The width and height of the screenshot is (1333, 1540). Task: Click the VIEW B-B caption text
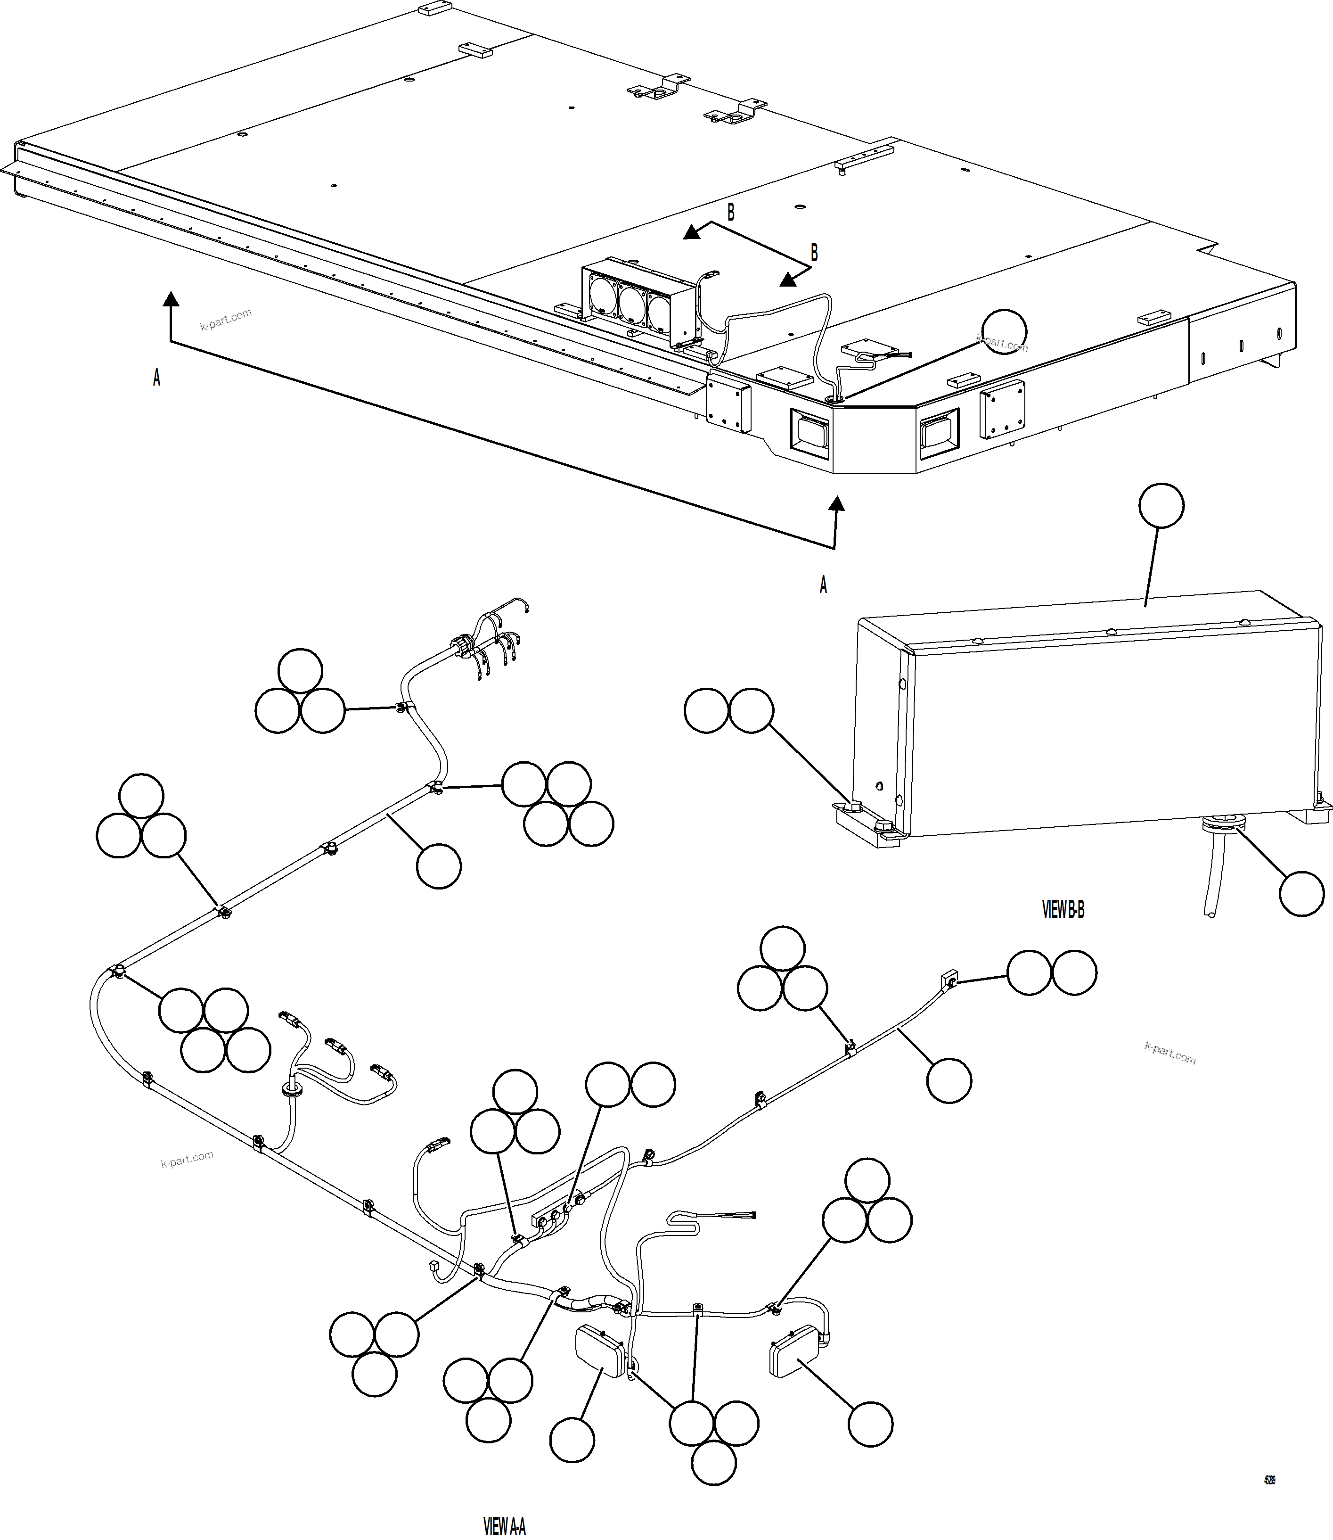pos(1063,909)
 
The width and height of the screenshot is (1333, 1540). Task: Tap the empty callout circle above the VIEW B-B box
pos(1161,506)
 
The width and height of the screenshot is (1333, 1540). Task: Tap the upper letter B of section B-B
pos(730,213)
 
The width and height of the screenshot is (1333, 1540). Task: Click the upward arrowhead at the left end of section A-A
pos(171,299)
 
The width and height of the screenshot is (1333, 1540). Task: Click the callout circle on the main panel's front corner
pos(1004,331)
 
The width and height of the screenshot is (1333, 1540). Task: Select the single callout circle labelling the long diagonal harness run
pos(439,866)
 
